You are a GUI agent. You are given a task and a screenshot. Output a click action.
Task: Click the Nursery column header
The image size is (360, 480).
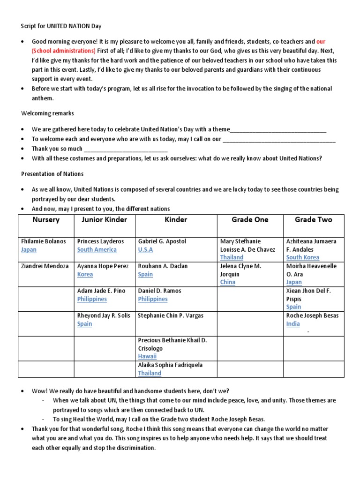click(46, 220)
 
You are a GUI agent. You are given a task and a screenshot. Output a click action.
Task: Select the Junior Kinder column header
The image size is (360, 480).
click(104, 220)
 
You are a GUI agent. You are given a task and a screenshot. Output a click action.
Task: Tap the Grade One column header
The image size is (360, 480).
click(250, 220)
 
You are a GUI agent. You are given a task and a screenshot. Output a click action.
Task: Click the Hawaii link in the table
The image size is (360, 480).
click(147, 356)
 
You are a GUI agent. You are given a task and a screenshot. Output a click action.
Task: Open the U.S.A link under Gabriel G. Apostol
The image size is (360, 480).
click(145, 250)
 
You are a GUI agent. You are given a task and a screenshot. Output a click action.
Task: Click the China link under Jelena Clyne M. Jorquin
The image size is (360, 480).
click(228, 282)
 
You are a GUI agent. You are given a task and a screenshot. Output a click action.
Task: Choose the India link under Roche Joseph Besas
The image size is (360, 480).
click(293, 324)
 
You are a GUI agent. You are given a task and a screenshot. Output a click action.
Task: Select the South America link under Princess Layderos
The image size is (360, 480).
click(97, 250)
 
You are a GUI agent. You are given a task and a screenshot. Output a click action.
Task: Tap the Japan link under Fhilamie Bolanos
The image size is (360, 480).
click(29, 250)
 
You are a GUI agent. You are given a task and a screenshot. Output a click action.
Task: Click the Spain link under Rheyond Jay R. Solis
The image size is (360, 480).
click(84, 324)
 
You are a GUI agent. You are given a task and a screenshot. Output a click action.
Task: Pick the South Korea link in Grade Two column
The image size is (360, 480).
click(303, 257)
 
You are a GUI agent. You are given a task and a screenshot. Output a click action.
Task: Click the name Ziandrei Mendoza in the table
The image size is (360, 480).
click(45, 266)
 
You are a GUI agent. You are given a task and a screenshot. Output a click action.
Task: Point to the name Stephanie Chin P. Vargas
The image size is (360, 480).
click(171, 316)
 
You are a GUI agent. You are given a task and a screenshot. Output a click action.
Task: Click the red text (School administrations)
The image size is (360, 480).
click(63, 51)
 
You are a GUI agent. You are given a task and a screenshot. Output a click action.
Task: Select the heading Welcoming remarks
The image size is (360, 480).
click(47, 113)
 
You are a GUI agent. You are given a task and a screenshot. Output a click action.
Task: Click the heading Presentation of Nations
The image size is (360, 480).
click(52, 174)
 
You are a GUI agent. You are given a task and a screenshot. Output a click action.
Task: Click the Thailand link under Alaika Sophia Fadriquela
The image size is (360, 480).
click(150, 373)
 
